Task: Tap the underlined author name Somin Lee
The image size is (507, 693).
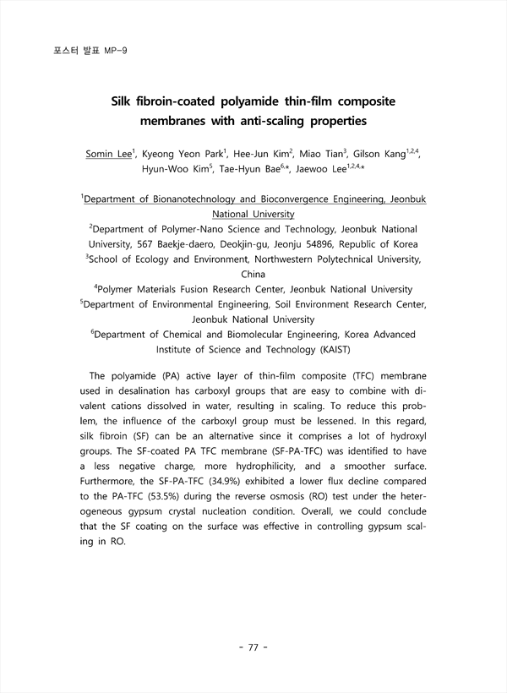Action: coord(109,154)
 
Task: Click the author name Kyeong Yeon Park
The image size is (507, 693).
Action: coord(162,154)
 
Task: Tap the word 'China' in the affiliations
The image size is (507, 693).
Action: coord(253,274)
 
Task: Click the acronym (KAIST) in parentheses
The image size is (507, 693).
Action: coord(326,348)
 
